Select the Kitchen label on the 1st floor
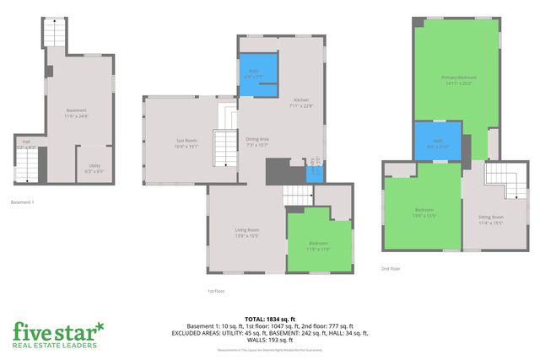[301, 103]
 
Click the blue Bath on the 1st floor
[258, 75]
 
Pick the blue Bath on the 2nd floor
[437, 142]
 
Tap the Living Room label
[246, 233]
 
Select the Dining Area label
[257, 142]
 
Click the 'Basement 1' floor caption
[22, 202]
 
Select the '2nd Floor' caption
[391, 269]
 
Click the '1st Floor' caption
[216, 291]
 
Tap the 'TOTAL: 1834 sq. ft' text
[270, 319]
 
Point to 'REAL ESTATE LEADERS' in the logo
[55, 345]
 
